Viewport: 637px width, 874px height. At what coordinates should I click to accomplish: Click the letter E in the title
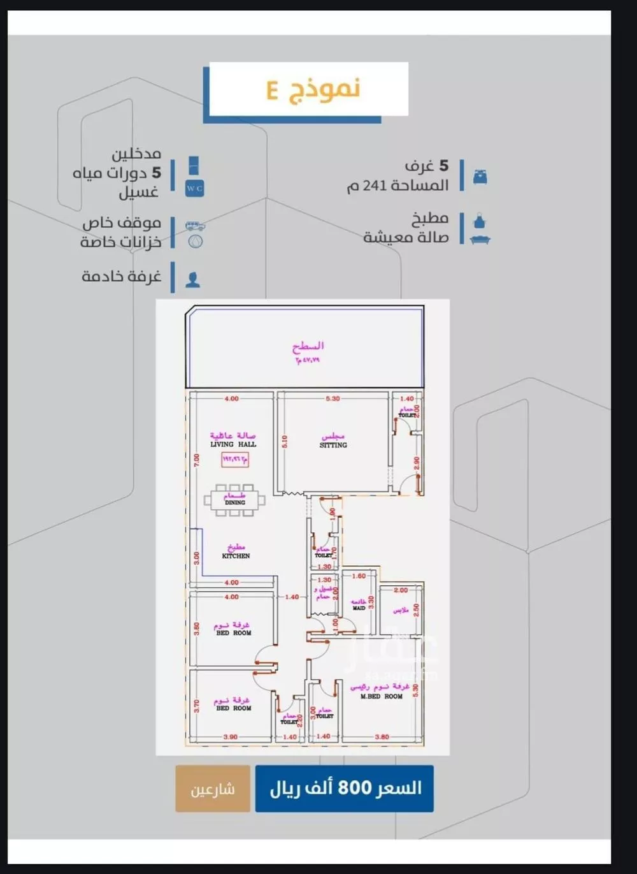coord(273,91)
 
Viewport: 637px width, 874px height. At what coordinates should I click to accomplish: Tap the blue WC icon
coord(194,189)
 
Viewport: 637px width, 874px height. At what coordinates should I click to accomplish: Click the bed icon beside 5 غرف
coord(480,177)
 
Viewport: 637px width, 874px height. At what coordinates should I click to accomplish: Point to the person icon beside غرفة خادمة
coord(192,279)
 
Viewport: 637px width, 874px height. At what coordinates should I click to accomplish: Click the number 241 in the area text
coord(375,186)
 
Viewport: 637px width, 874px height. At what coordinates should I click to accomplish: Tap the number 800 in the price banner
coord(354,788)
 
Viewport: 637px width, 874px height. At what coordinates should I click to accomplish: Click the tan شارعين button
coord(213,789)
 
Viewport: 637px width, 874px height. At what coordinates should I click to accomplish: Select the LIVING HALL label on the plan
coord(233,444)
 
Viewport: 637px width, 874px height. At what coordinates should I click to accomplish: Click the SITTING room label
coord(333,445)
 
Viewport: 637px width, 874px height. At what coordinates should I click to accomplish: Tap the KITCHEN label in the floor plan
coord(236,556)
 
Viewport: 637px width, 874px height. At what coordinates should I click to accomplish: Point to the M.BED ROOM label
coord(381,697)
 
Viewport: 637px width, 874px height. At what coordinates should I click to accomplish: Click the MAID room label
coord(359,608)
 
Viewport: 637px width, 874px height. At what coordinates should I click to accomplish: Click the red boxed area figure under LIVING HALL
coord(235,458)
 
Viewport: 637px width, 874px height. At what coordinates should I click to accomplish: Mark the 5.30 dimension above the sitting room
coord(333,399)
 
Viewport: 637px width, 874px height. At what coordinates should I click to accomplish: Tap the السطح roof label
coord(308,346)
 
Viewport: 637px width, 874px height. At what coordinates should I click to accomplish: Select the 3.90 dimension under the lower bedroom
coord(230,737)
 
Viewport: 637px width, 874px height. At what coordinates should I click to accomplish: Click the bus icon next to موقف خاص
coord(194,226)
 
